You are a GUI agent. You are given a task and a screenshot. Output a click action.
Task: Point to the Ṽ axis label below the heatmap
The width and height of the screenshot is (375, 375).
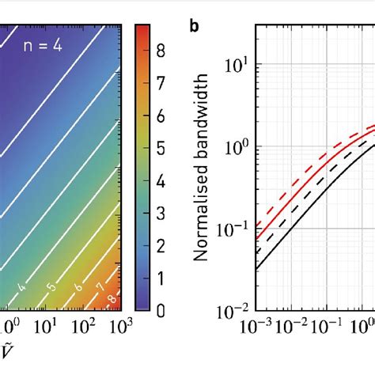(9, 354)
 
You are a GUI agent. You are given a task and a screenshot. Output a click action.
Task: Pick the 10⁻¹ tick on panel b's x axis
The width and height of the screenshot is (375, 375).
(327, 325)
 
